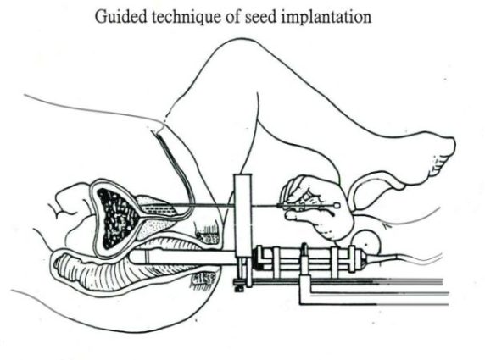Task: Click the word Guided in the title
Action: click(x=120, y=17)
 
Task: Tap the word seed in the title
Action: click(x=261, y=17)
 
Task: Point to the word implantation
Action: click(x=326, y=17)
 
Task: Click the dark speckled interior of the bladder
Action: click(x=117, y=217)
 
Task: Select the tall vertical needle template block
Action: click(x=242, y=216)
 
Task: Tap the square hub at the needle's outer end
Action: click(x=337, y=205)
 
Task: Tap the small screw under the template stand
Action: click(x=238, y=289)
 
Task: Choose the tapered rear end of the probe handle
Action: click(x=362, y=259)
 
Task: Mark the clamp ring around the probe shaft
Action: click(x=304, y=258)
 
